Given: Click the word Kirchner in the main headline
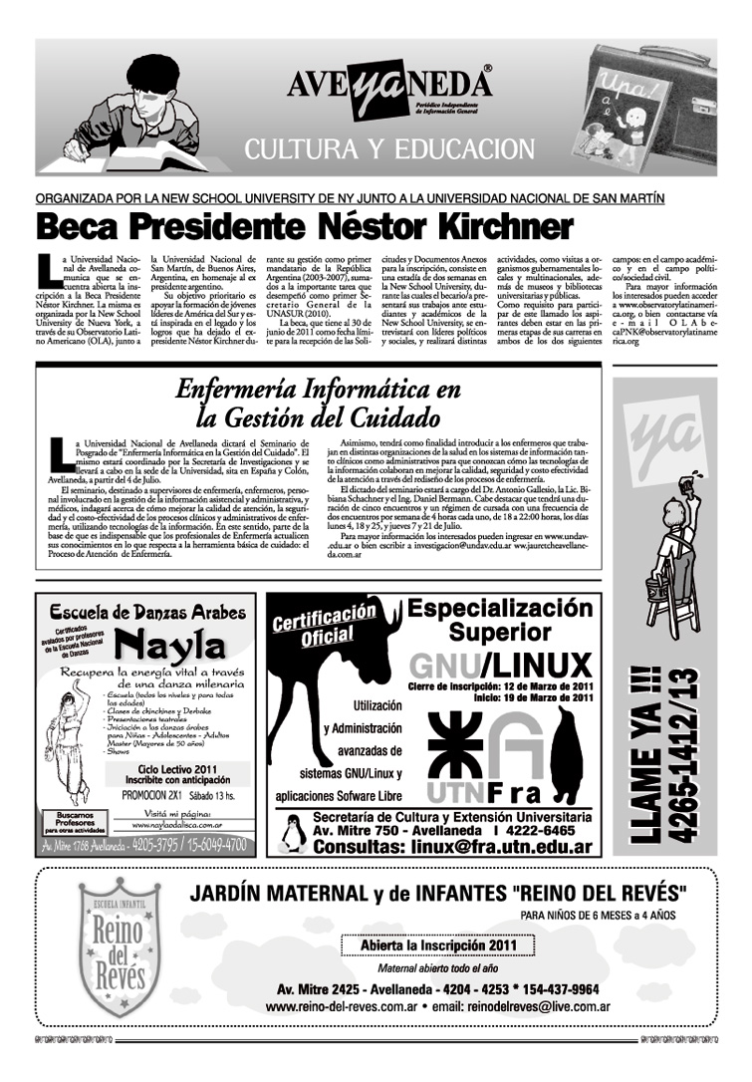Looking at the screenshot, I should click(x=498, y=224).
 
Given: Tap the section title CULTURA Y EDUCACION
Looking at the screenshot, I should click(x=389, y=150).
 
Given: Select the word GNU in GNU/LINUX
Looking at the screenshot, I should click(x=444, y=666).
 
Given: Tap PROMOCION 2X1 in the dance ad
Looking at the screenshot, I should click(x=150, y=795).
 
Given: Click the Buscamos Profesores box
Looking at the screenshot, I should click(x=68, y=821).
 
